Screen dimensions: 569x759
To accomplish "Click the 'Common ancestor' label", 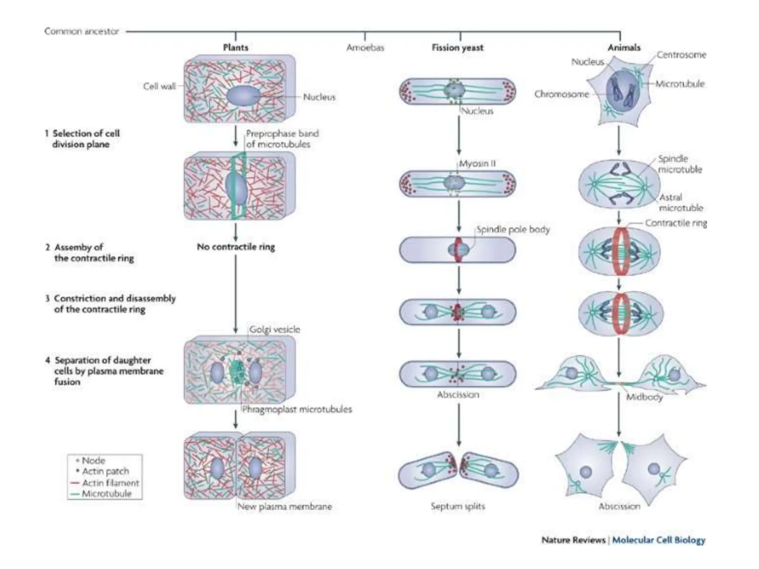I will coord(82,31).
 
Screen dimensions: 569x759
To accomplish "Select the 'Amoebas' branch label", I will coord(365,48).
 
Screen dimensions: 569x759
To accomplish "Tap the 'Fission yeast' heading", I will coord(457,48).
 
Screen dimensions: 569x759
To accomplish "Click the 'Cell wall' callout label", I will coord(159,86).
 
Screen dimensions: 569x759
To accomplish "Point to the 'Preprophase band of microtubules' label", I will coord(282,139).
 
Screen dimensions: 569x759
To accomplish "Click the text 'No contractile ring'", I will coord(236,247).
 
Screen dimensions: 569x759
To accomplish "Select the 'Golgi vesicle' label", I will coord(274,329).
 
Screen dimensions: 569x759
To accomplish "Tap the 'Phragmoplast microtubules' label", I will coord(297,409).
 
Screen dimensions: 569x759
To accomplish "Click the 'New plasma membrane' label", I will coord(284,506).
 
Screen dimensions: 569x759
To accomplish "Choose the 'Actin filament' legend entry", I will coord(110,483).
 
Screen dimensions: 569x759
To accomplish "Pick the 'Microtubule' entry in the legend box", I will coord(106,493).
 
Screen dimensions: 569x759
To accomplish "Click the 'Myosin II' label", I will coord(477,163).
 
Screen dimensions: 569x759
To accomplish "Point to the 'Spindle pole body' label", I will coord(513,230).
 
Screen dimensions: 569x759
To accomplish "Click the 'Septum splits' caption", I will coord(458,506).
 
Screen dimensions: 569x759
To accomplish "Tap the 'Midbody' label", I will coord(644,397).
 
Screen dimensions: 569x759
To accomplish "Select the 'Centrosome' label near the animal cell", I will coord(681,55).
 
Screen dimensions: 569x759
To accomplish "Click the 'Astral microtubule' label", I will coord(680,203).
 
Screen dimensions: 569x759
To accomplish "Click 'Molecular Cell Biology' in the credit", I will coord(658,540).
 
